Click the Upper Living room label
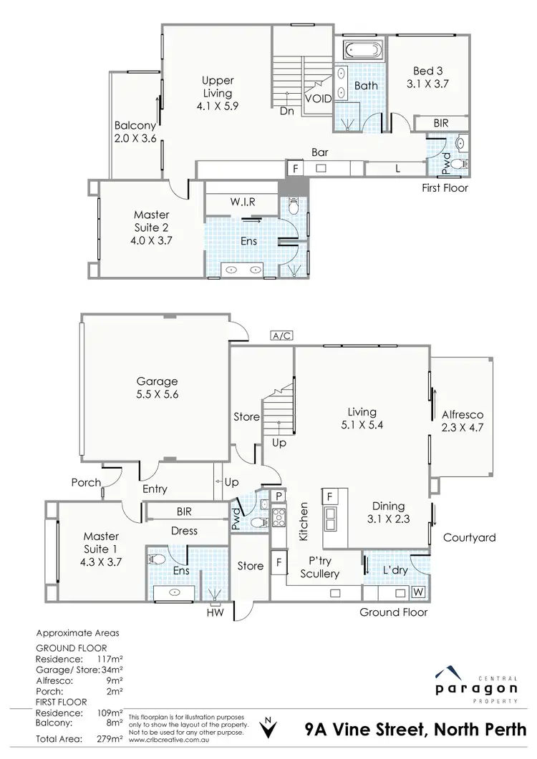coord(217,93)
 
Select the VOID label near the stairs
coord(319,99)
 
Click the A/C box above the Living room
coord(281,335)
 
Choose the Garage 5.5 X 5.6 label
coord(158,388)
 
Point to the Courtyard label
coord(469,537)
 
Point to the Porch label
coord(86,483)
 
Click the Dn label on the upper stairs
coord(286,112)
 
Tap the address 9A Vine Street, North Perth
coord(416,731)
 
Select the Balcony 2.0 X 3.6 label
coord(135,132)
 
